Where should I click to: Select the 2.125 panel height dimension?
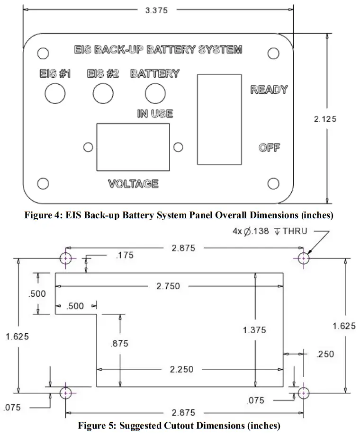pyautogui.click(x=325, y=119)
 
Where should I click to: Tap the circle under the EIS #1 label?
pyautogui.click(x=55, y=93)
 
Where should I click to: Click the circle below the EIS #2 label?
pyautogui.click(x=103, y=93)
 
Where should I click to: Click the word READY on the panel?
pyautogui.click(x=269, y=90)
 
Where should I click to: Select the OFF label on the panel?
pyautogui.click(x=269, y=148)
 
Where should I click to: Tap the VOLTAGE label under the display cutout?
pyautogui.click(x=133, y=184)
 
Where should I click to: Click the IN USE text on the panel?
pyautogui.click(x=155, y=114)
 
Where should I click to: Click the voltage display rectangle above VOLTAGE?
pyautogui.click(x=133, y=147)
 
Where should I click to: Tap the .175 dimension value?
pyautogui.click(x=125, y=256)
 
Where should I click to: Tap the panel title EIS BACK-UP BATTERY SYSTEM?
pyautogui.click(x=158, y=50)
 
